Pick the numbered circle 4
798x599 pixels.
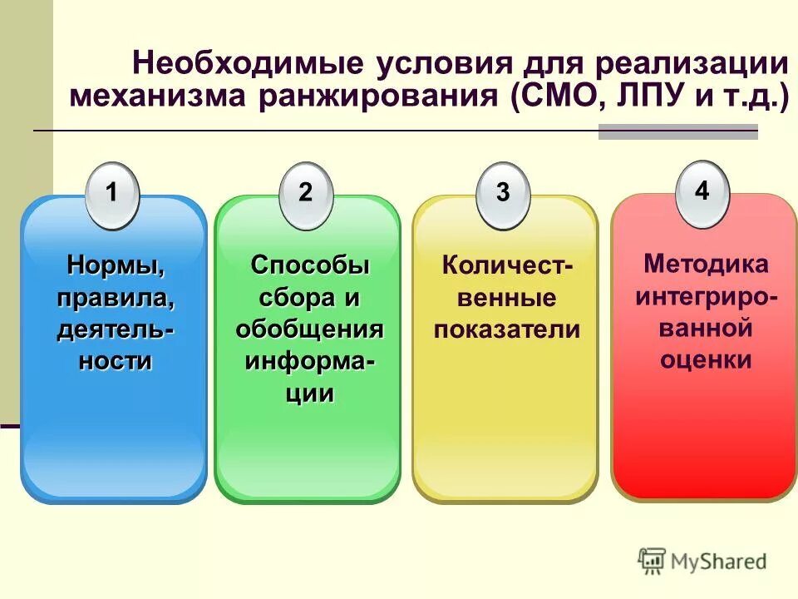[x=702, y=193]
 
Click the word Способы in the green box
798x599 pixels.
[x=309, y=266]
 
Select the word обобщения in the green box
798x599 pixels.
[x=309, y=329]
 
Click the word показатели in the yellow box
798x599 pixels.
[x=506, y=329]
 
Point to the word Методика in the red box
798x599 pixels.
[x=706, y=265]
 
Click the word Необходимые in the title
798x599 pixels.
[x=249, y=65]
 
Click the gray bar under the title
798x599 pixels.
[x=678, y=131]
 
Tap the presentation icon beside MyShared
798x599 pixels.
[x=652, y=561]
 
